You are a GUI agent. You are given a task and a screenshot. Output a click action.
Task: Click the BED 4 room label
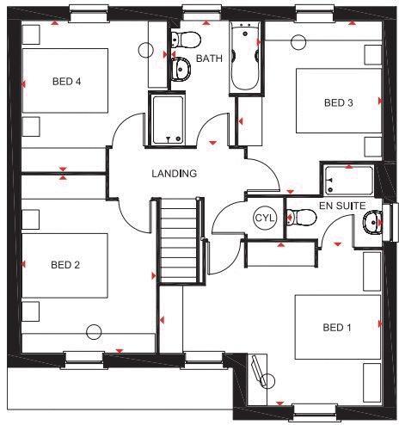coord(66,83)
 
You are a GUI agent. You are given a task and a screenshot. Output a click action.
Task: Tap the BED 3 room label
coord(338,102)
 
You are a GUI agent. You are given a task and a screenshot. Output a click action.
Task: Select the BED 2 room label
coord(64,265)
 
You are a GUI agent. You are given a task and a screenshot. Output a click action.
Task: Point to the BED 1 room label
coord(337,328)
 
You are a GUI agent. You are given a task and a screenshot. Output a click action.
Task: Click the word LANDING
coord(175,174)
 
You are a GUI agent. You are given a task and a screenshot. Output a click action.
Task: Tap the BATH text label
coord(210,59)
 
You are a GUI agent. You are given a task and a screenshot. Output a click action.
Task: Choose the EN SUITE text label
coord(342,206)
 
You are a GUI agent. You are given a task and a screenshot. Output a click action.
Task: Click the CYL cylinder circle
coord(263,219)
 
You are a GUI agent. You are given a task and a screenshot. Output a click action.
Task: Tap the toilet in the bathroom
coord(183,38)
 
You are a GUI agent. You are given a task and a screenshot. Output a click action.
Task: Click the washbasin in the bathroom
coord(181,69)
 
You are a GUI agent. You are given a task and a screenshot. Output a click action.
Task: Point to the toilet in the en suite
coord(300,217)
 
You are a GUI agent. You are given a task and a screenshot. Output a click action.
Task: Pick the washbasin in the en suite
coord(373,224)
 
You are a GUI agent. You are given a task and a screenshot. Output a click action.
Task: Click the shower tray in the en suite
coord(348,181)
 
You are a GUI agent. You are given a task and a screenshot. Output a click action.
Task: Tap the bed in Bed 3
coord(339,101)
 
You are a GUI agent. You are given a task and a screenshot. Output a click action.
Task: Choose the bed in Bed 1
coord(338,328)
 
